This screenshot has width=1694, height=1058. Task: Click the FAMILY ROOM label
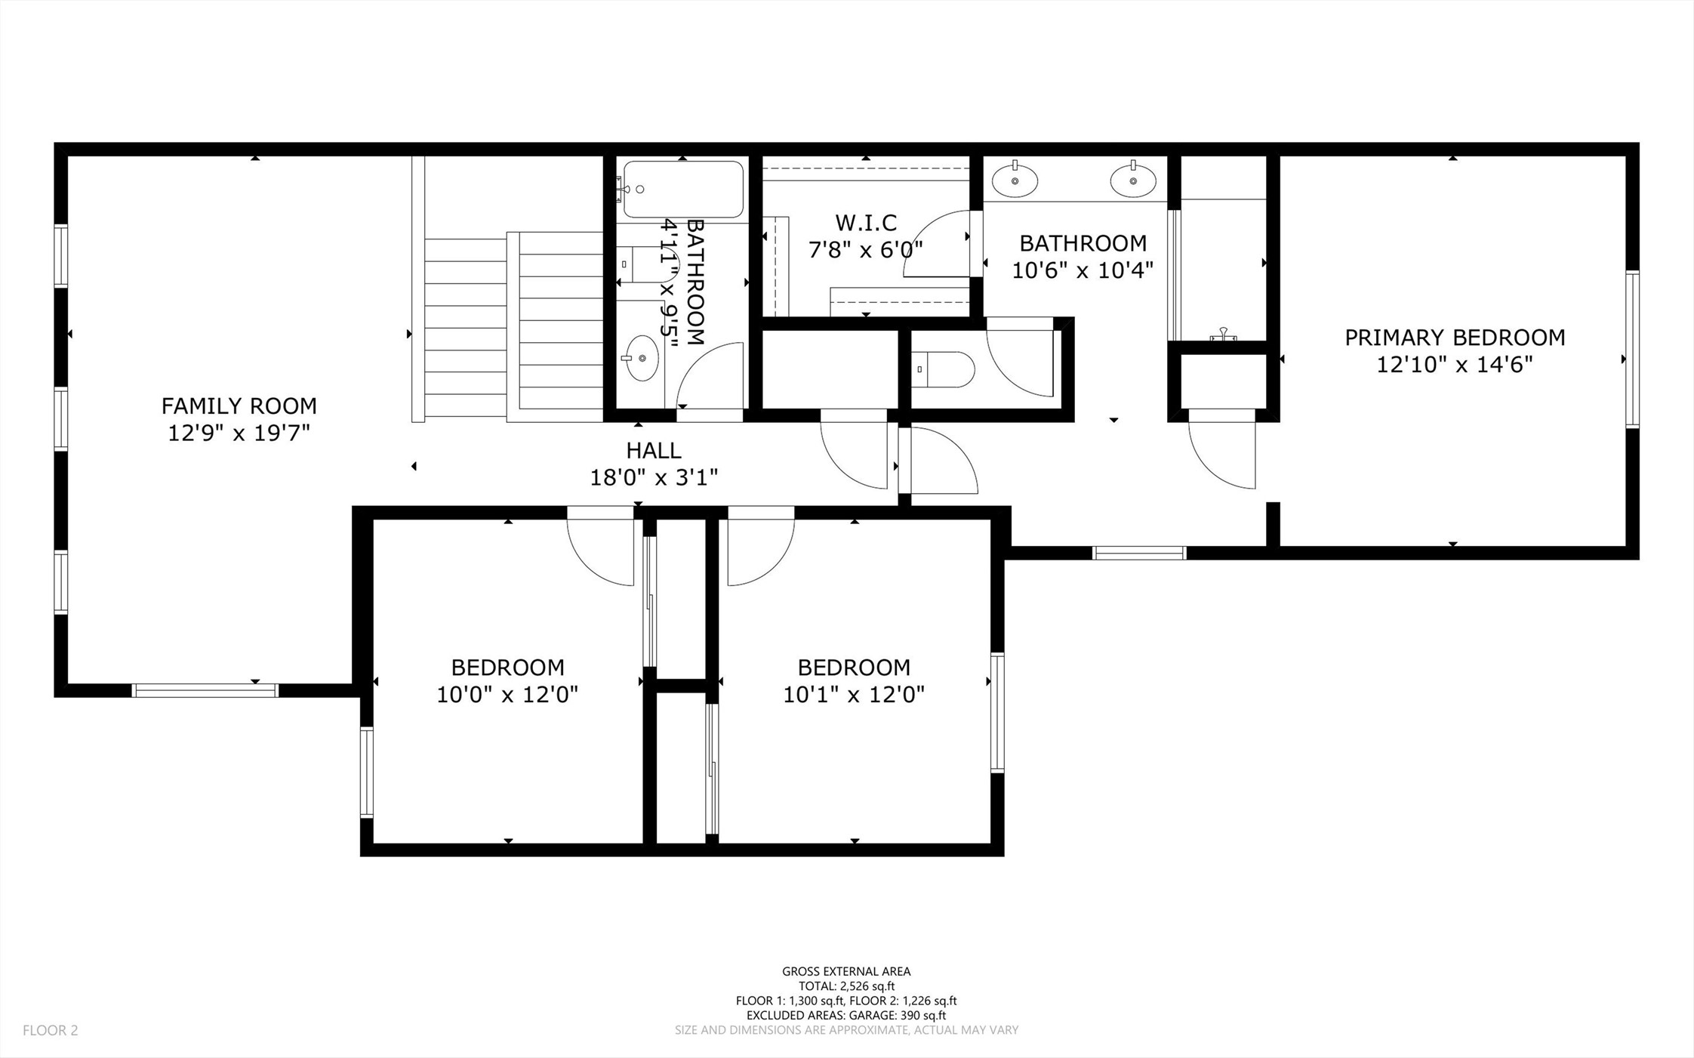coord(239,406)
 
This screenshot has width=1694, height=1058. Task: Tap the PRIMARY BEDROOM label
coord(1455,338)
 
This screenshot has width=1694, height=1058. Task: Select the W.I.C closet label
coord(866,223)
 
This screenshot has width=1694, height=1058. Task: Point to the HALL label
coord(654,450)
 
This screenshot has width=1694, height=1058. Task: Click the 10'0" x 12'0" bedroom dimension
coord(507,695)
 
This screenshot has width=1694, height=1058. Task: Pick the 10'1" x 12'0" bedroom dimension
coord(854,695)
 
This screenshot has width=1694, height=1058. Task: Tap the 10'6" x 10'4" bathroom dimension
coord(1083,270)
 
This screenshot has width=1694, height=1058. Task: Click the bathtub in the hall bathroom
coord(682,190)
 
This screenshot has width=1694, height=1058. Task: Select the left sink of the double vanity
coord(1015,180)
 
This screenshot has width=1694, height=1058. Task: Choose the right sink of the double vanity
coord(1133,180)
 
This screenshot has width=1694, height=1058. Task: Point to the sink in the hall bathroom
coord(642,358)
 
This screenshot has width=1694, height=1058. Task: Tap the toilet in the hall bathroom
coord(648,264)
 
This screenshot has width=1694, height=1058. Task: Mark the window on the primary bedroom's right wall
coord(1632,349)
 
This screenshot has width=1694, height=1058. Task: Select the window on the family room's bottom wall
coord(205,690)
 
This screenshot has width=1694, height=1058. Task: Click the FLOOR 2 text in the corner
coord(51,1030)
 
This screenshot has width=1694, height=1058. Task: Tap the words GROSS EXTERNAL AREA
coord(846,972)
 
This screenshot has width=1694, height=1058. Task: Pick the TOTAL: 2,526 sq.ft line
coord(846,986)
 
